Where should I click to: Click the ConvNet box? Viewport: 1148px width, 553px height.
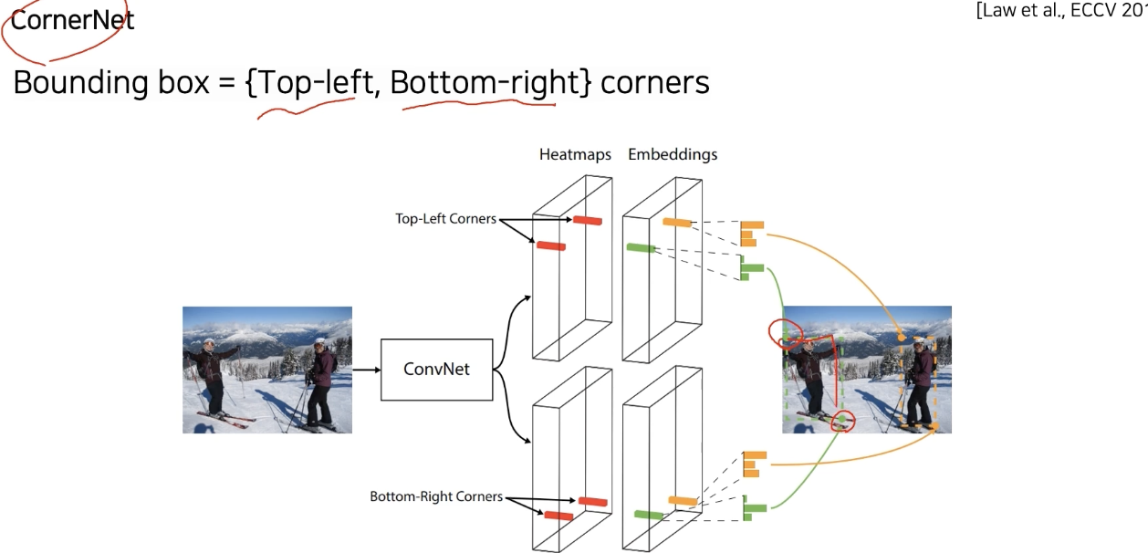tap(436, 369)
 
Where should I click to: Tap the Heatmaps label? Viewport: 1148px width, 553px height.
tap(575, 154)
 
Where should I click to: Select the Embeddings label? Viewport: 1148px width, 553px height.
tap(673, 154)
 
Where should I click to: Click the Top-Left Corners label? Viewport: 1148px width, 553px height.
tap(445, 219)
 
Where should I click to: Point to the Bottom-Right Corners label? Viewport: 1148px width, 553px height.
tap(436, 496)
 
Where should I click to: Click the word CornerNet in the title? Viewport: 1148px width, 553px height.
tap(73, 21)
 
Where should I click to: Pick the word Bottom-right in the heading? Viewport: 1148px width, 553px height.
tap(485, 83)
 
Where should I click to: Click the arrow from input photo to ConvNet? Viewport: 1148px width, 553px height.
tap(366, 370)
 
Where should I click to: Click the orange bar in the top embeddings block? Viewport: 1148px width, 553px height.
tap(677, 224)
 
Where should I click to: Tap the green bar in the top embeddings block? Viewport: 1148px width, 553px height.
tap(642, 247)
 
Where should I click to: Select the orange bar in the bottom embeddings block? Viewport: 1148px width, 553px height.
tap(683, 500)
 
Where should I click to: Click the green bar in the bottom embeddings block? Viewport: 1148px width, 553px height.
tap(648, 516)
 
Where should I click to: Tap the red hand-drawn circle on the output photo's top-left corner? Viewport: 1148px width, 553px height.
tap(786, 333)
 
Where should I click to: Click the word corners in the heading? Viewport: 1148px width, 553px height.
tap(655, 83)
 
